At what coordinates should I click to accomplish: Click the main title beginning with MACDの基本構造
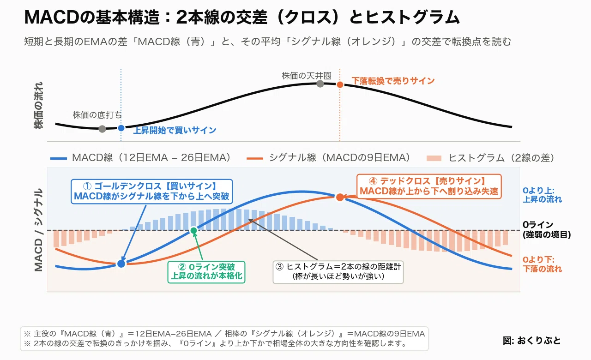pos(241,18)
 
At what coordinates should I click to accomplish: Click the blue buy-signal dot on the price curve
pos(121,128)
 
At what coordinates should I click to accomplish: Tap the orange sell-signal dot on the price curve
pos(340,84)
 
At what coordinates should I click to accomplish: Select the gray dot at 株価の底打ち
pos(103,129)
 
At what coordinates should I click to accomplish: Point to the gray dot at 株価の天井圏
pos(320,84)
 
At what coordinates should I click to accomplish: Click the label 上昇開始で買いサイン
pos(175,130)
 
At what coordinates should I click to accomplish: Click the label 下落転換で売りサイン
pos(393,81)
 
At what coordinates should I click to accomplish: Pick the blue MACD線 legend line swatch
pos(58,158)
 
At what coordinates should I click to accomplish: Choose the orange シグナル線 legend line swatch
pos(254,158)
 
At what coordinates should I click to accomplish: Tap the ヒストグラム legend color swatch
pos(434,158)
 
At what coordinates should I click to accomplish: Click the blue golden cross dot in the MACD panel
pos(121,264)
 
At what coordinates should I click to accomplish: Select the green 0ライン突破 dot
pos(193,230)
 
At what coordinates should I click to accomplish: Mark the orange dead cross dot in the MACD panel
pos(340,197)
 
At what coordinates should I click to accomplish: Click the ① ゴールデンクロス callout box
pos(152,192)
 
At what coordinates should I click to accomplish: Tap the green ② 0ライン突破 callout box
pos(206,272)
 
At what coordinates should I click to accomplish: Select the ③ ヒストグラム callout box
pos(338,272)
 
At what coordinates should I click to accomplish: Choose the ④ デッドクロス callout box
pos(429,186)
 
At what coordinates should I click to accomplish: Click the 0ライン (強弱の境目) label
pos(546,230)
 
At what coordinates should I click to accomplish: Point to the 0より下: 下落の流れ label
pos(542,264)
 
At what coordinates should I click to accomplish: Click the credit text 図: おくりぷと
pos(531,341)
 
